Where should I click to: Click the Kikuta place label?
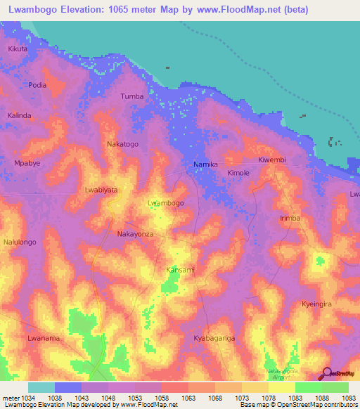[x=18, y=49]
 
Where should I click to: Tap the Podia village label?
[x=37, y=85]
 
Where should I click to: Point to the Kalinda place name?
[x=19, y=115]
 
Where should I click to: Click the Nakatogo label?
[x=122, y=144]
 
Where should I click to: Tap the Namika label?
[x=206, y=164]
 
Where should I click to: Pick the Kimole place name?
[x=239, y=173]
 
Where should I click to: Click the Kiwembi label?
[x=273, y=160]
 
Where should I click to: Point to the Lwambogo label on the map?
[x=166, y=203]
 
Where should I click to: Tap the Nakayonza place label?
[x=135, y=233]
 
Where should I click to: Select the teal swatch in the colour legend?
[x=41, y=387]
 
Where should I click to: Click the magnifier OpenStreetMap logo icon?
[x=326, y=373]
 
